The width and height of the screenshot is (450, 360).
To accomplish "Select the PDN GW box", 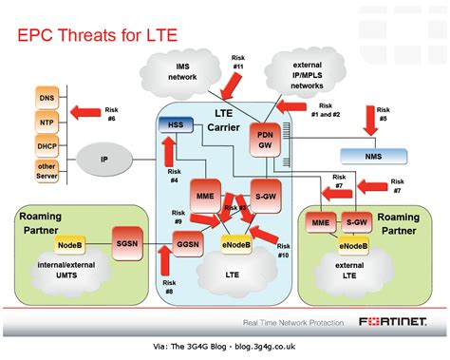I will tap(266, 139).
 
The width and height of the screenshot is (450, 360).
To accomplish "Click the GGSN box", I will tap(189, 245).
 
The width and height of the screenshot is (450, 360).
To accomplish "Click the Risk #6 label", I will tap(112, 114).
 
